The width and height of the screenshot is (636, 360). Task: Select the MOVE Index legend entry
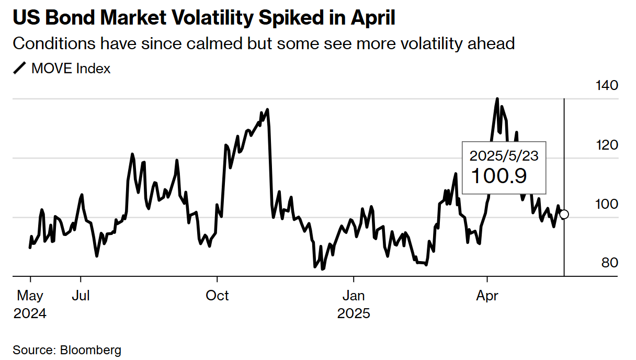[x=71, y=69]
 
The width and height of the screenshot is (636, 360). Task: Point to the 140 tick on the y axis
[x=607, y=85]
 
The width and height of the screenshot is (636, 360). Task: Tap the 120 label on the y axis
[x=607, y=145]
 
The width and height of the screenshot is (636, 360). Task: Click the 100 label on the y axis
[x=607, y=204]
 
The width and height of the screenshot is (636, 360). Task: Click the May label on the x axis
[x=30, y=296]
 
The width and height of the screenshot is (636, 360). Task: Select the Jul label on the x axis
[x=81, y=296]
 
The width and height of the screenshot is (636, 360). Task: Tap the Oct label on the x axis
[x=217, y=296]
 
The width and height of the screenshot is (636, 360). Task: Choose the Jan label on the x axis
[x=354, y=296]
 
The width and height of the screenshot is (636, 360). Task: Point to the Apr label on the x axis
[x=487, y=296]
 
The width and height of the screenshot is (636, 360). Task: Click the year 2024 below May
[x=30, y=313]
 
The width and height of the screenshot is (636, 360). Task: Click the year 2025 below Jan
[x=354, y=313]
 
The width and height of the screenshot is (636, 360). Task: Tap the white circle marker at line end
[x=564, y=214]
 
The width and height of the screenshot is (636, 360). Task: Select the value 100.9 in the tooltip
[x=498, y=176]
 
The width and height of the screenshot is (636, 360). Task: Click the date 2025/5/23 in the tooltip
[x=504, y=155]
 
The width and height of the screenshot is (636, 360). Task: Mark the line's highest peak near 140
[x=497, y=98]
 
